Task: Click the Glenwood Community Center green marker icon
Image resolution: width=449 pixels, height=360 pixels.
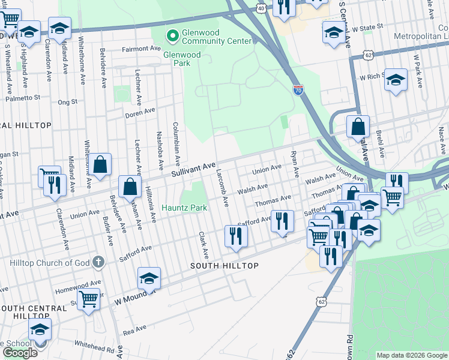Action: (173, 36)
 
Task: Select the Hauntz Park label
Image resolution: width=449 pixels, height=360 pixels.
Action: (184, 208)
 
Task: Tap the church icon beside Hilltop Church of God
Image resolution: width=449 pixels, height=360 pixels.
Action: (100, 262)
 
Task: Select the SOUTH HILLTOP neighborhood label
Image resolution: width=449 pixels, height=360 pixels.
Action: (224, 266)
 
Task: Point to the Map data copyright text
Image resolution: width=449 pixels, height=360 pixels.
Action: (412, 355)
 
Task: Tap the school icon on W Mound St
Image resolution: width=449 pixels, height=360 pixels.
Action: (149, 278)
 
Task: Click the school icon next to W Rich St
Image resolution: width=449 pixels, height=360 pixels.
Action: (396, 79)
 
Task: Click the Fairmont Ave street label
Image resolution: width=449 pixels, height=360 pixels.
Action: (142, 49)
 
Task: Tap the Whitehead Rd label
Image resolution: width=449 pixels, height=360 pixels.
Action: (94, 346)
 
